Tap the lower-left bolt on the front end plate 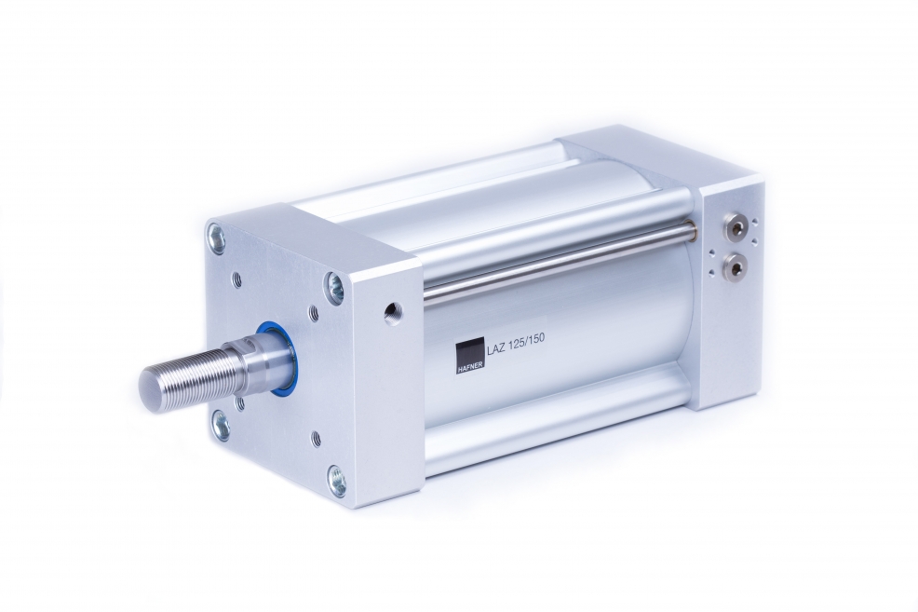222,424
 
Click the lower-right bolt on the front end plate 337,478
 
